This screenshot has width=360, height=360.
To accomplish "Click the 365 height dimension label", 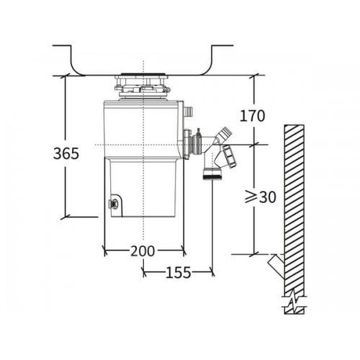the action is click(x=66, y=153).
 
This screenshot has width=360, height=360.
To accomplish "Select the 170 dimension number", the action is click(x=252, y=116).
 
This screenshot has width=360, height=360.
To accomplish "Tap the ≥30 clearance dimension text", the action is click(x=261, y=197).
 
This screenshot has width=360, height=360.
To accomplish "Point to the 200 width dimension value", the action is click(x=143, y=251).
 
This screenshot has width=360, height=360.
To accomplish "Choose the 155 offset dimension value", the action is click(x=179, y=272).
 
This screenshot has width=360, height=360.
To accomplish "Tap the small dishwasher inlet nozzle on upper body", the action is click(x=188, y=111).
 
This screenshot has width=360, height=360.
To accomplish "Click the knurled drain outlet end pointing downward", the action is click(x=212, y=176).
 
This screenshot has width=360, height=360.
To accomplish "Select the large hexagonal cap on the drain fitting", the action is click(x=230, y=156).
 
